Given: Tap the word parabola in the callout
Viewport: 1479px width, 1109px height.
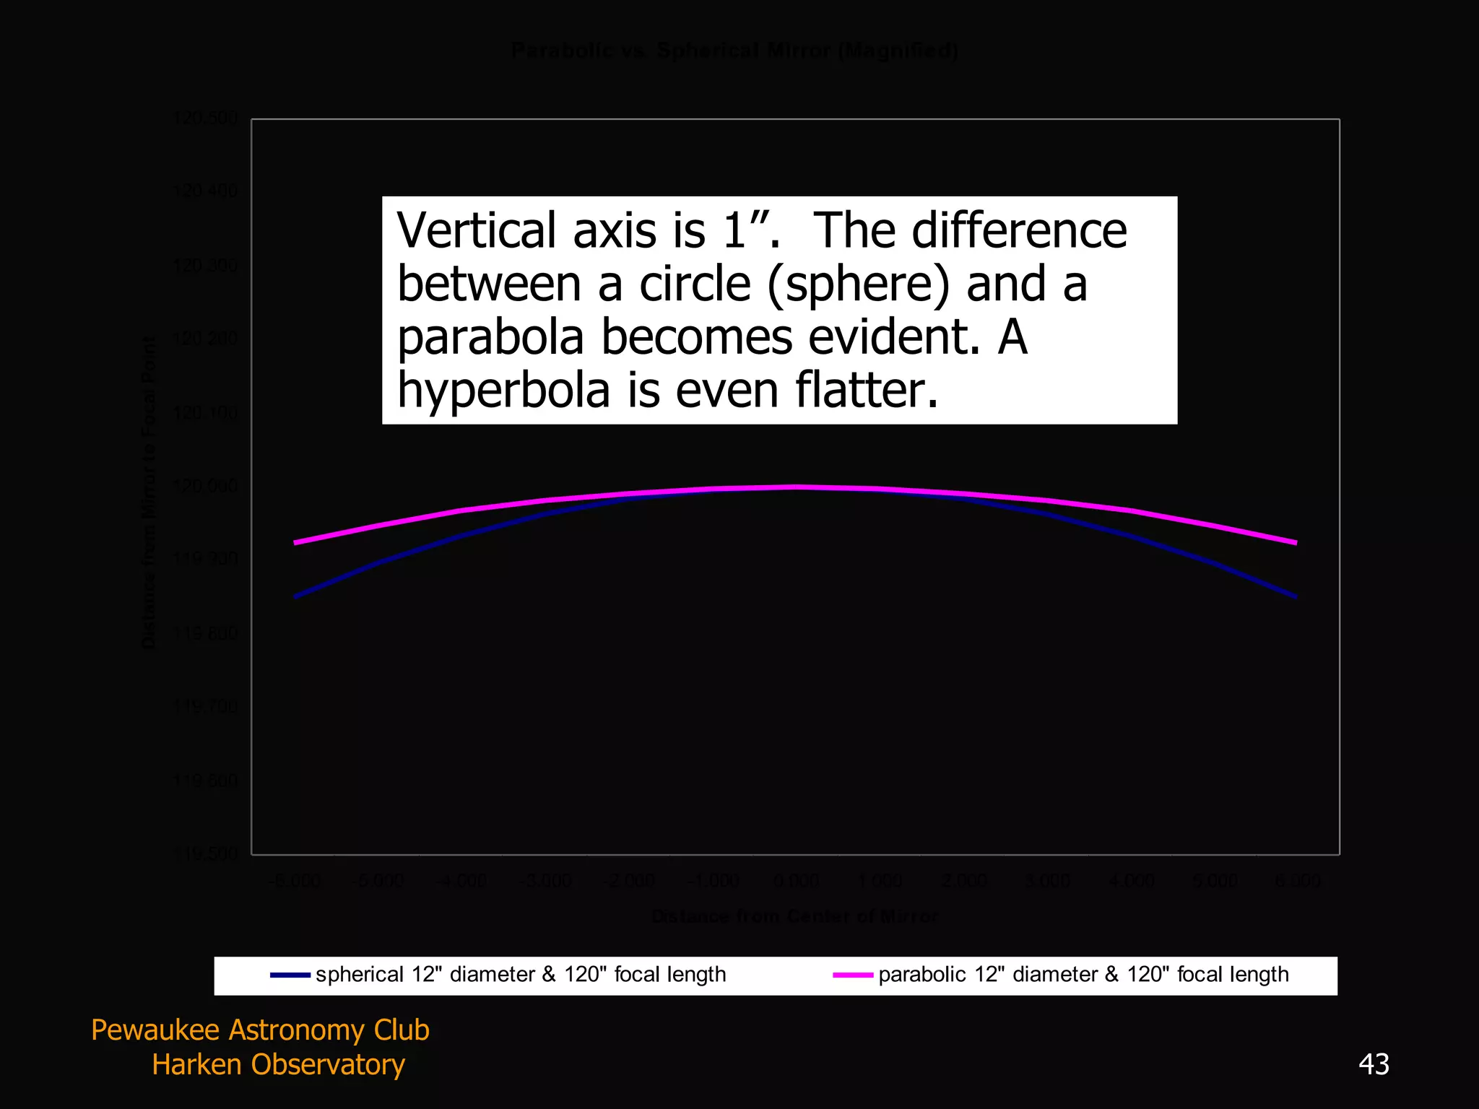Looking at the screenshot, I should pos(490,337).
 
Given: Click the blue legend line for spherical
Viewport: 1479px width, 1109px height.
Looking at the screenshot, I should pos(290,975).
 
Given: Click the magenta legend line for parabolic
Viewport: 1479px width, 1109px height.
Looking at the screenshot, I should pos(853,975).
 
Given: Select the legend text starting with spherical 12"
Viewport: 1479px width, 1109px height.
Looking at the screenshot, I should pos(521,975).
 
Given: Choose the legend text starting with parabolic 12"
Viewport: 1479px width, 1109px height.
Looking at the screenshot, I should pos(1083,975).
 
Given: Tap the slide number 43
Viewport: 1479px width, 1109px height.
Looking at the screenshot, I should pos(1374,1064).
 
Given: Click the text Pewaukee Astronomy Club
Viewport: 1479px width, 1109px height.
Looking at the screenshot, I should pos(260,1030).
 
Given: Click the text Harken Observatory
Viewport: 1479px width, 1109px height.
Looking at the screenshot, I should pos(278,1065).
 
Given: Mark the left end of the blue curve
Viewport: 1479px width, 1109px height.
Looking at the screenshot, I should pos(295,597).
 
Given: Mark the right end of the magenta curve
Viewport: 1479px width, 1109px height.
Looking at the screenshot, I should pos(1296,542).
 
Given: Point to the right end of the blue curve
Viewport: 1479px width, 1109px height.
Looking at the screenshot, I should pos(1296,597).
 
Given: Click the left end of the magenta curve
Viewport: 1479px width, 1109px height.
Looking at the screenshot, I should pos(295,542).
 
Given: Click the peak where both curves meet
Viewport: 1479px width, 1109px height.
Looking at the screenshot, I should pos(795,487).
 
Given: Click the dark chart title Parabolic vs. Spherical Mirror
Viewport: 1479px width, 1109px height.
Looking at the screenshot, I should pos(734,51).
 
